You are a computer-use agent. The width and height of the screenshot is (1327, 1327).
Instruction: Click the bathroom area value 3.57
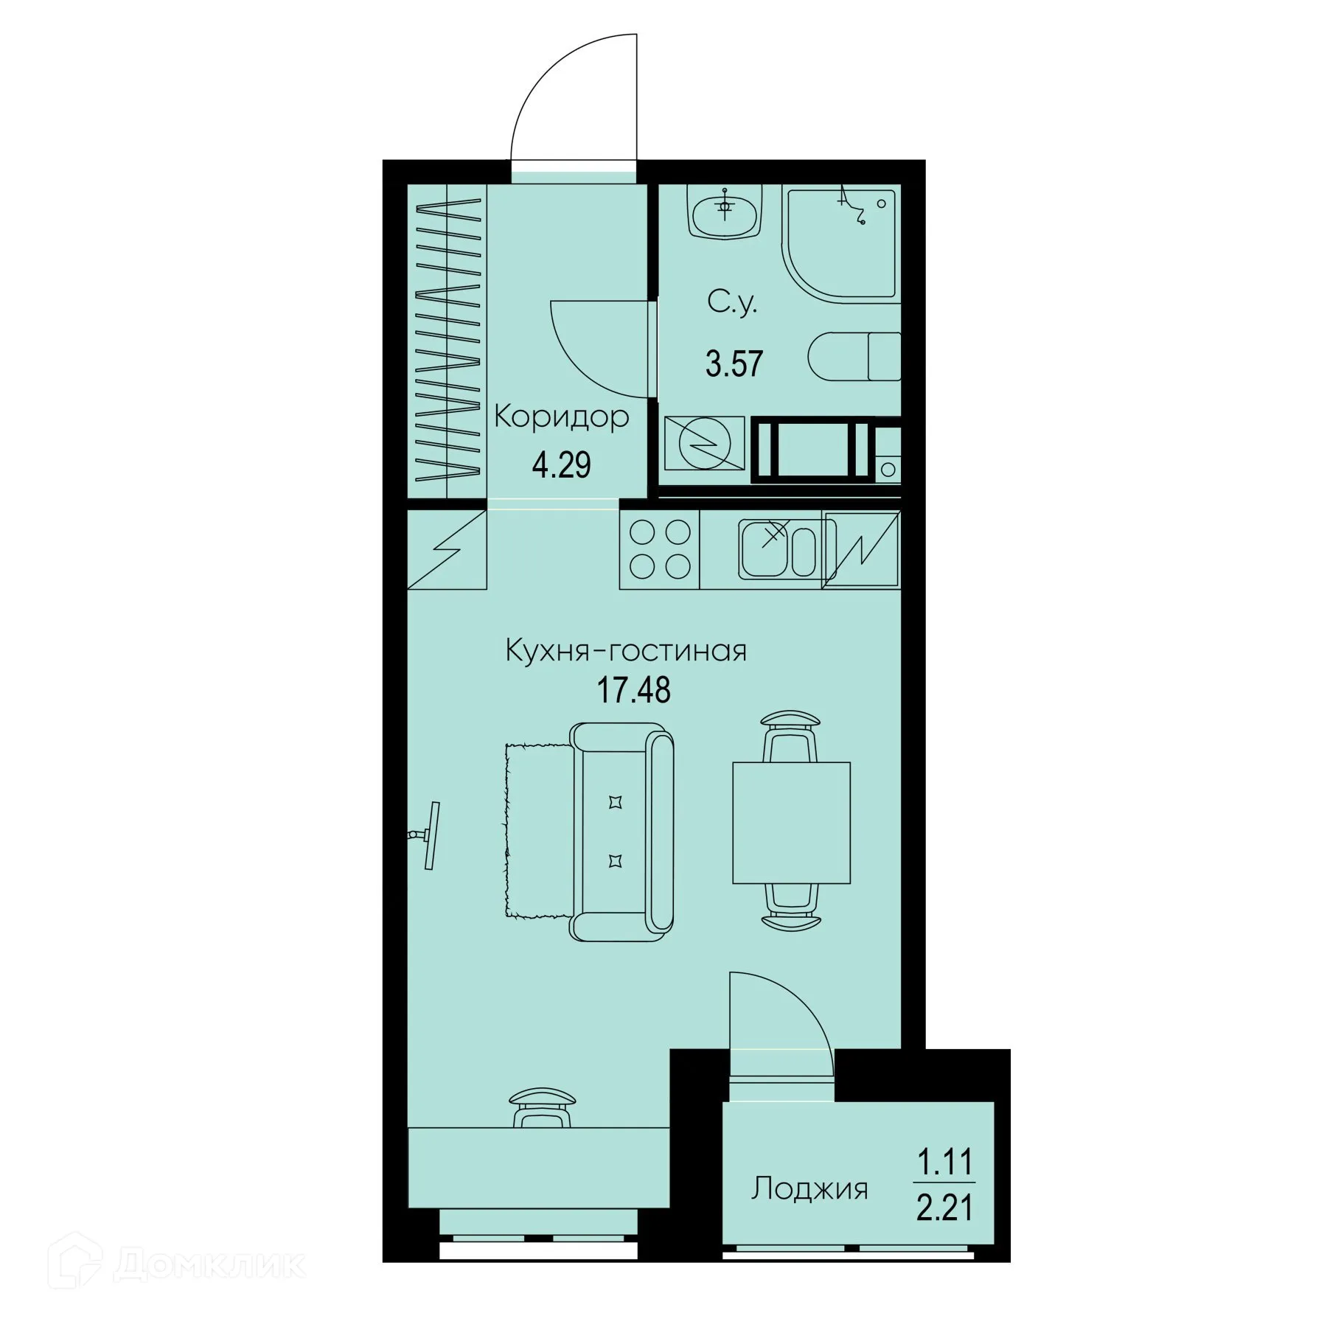734,365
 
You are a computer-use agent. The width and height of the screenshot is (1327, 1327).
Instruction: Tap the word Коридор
561,417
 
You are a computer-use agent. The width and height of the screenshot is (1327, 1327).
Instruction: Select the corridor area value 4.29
561,465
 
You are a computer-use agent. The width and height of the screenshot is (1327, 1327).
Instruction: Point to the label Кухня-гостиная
626,651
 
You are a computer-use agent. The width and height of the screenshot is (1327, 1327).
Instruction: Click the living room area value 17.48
633,691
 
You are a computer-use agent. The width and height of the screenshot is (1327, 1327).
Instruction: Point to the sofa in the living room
623,830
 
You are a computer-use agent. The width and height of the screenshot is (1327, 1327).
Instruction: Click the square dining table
791,823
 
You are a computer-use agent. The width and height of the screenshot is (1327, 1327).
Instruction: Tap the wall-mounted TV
430,835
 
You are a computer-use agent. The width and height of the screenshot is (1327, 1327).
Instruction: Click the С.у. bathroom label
732,303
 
